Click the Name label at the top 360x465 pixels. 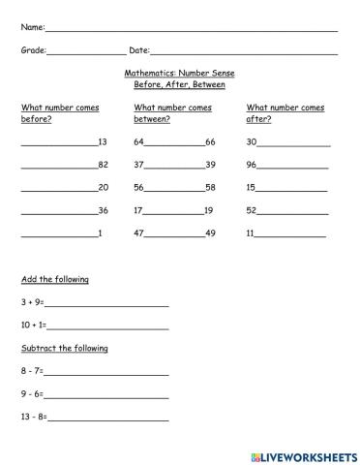[x=32, y=27]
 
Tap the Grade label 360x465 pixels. [x=33, y=49]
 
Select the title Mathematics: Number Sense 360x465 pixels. [x=179, y=73]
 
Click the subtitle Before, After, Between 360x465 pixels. [x=179, y=84]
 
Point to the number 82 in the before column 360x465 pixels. [x=104, y=165]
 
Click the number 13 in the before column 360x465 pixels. [x=104, y=141]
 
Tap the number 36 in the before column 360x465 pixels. [x=104, y=210]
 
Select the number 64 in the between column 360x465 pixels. [x=139, y=141]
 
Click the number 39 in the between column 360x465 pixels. [x=210, y=165]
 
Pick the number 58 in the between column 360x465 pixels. [x=210, y=187]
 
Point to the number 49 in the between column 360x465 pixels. [x=210, y=233]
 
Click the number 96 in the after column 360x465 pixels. [x=252, y=165]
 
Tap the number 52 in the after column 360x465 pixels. [x=252, y=210]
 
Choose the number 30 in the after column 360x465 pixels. [x=252, y=141]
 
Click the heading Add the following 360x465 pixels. [x=55, y=279]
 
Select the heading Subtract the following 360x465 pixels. [x=65, y=348]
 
